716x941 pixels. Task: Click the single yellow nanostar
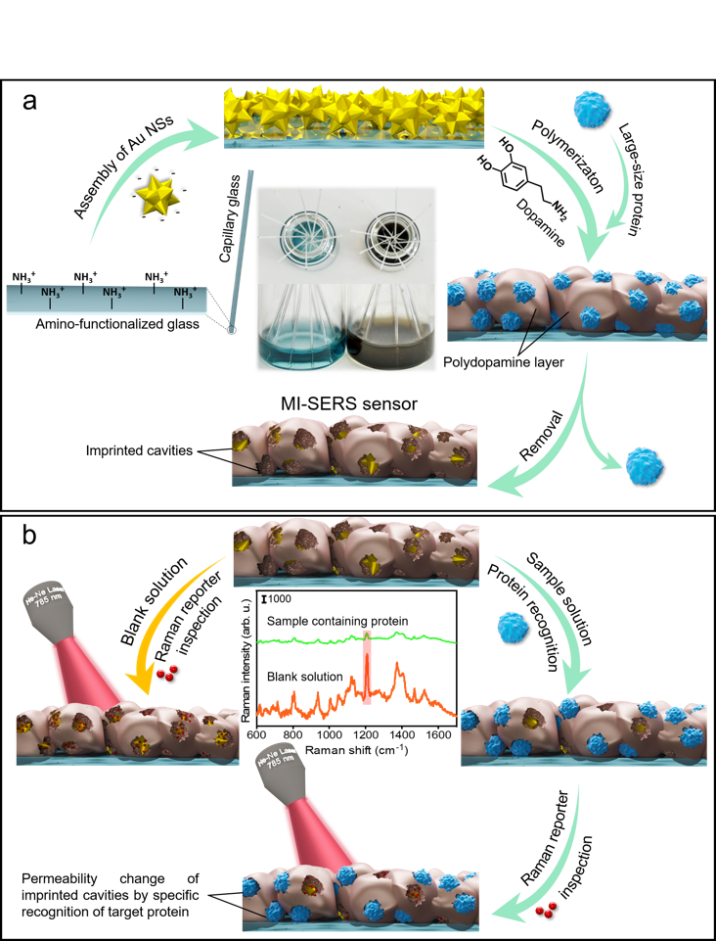point(158,197)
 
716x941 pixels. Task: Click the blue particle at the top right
point(590,109)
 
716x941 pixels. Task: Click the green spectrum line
point(313,640)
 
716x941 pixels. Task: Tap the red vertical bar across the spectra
point(367,667)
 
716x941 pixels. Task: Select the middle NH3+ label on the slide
point(113,293)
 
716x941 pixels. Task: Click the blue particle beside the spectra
point(513,627)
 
